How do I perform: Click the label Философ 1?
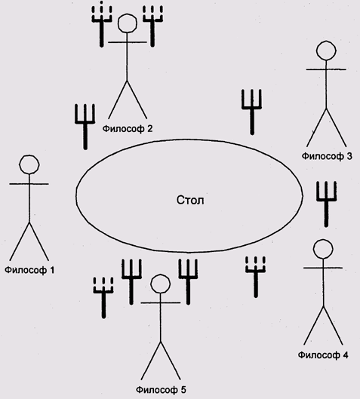(29, 270)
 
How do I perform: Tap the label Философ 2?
(128, 129)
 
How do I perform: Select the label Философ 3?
(327, 156)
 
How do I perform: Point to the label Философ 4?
(323, 355)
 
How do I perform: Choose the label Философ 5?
(161, 390)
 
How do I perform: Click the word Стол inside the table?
(190, 201)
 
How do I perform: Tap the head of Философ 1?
(29, 164)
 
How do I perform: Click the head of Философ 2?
(128, 23)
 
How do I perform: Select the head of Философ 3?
(326, 51)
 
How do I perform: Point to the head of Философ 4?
(323, 249)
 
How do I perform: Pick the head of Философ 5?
(161, 284)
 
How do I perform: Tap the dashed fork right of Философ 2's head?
(152, 26)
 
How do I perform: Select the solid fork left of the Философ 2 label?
(85, 127)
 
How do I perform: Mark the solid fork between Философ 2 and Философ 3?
(252, 112)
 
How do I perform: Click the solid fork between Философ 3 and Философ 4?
(326, 204)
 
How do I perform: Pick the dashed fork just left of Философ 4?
(256, 277)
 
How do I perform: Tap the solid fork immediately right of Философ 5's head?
(188, 282)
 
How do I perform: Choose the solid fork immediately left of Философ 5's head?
(131, 282)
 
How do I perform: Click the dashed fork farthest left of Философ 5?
(103, 298)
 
